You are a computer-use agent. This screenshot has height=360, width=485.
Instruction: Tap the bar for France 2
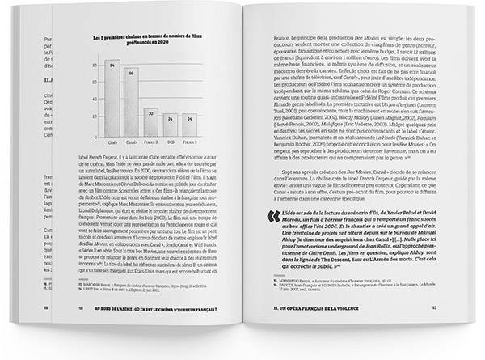pyautogui.click(x=150, y=122)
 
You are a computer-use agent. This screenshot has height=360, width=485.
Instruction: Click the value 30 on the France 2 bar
pyautogui.click(x=150, y=113)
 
